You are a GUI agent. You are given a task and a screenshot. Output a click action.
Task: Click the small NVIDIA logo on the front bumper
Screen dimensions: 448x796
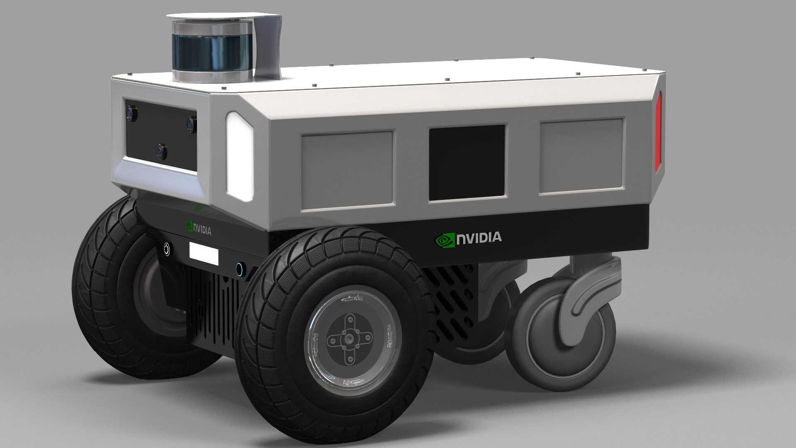tap(199, 229)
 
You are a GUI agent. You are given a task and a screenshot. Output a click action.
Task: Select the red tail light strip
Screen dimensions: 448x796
tap(658, 131)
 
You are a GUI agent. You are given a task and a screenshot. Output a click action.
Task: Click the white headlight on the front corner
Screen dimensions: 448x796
tap(239, 154)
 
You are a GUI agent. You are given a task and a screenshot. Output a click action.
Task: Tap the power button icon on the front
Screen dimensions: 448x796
tap(167, 248)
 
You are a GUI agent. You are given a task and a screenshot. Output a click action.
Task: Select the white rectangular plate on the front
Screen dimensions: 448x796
tap(204, 253)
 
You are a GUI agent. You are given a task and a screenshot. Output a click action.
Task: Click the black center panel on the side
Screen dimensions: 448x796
tap(467, 163)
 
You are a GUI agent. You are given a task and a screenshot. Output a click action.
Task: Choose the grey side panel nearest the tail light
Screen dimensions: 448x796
tap(581, 156)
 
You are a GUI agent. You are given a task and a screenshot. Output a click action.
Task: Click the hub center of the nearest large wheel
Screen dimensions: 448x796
tap(347, 340)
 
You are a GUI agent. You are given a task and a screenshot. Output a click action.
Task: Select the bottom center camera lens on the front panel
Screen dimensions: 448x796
tap(162, 152)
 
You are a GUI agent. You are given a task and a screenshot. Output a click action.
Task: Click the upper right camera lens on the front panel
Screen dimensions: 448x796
tap(191, 123)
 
